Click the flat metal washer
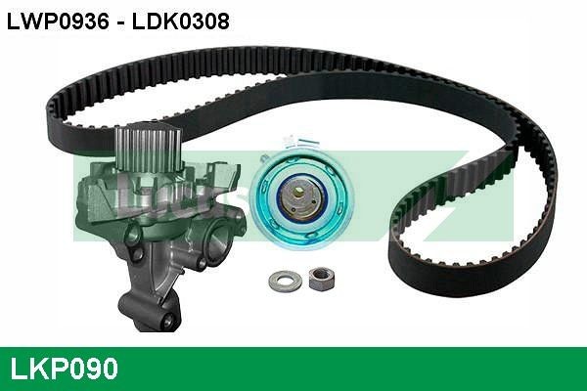[x=285, y=281]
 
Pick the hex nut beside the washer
[x=319, y=279]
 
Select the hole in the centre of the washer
[x=285, y=281]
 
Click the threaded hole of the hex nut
[x=319, y=278]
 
